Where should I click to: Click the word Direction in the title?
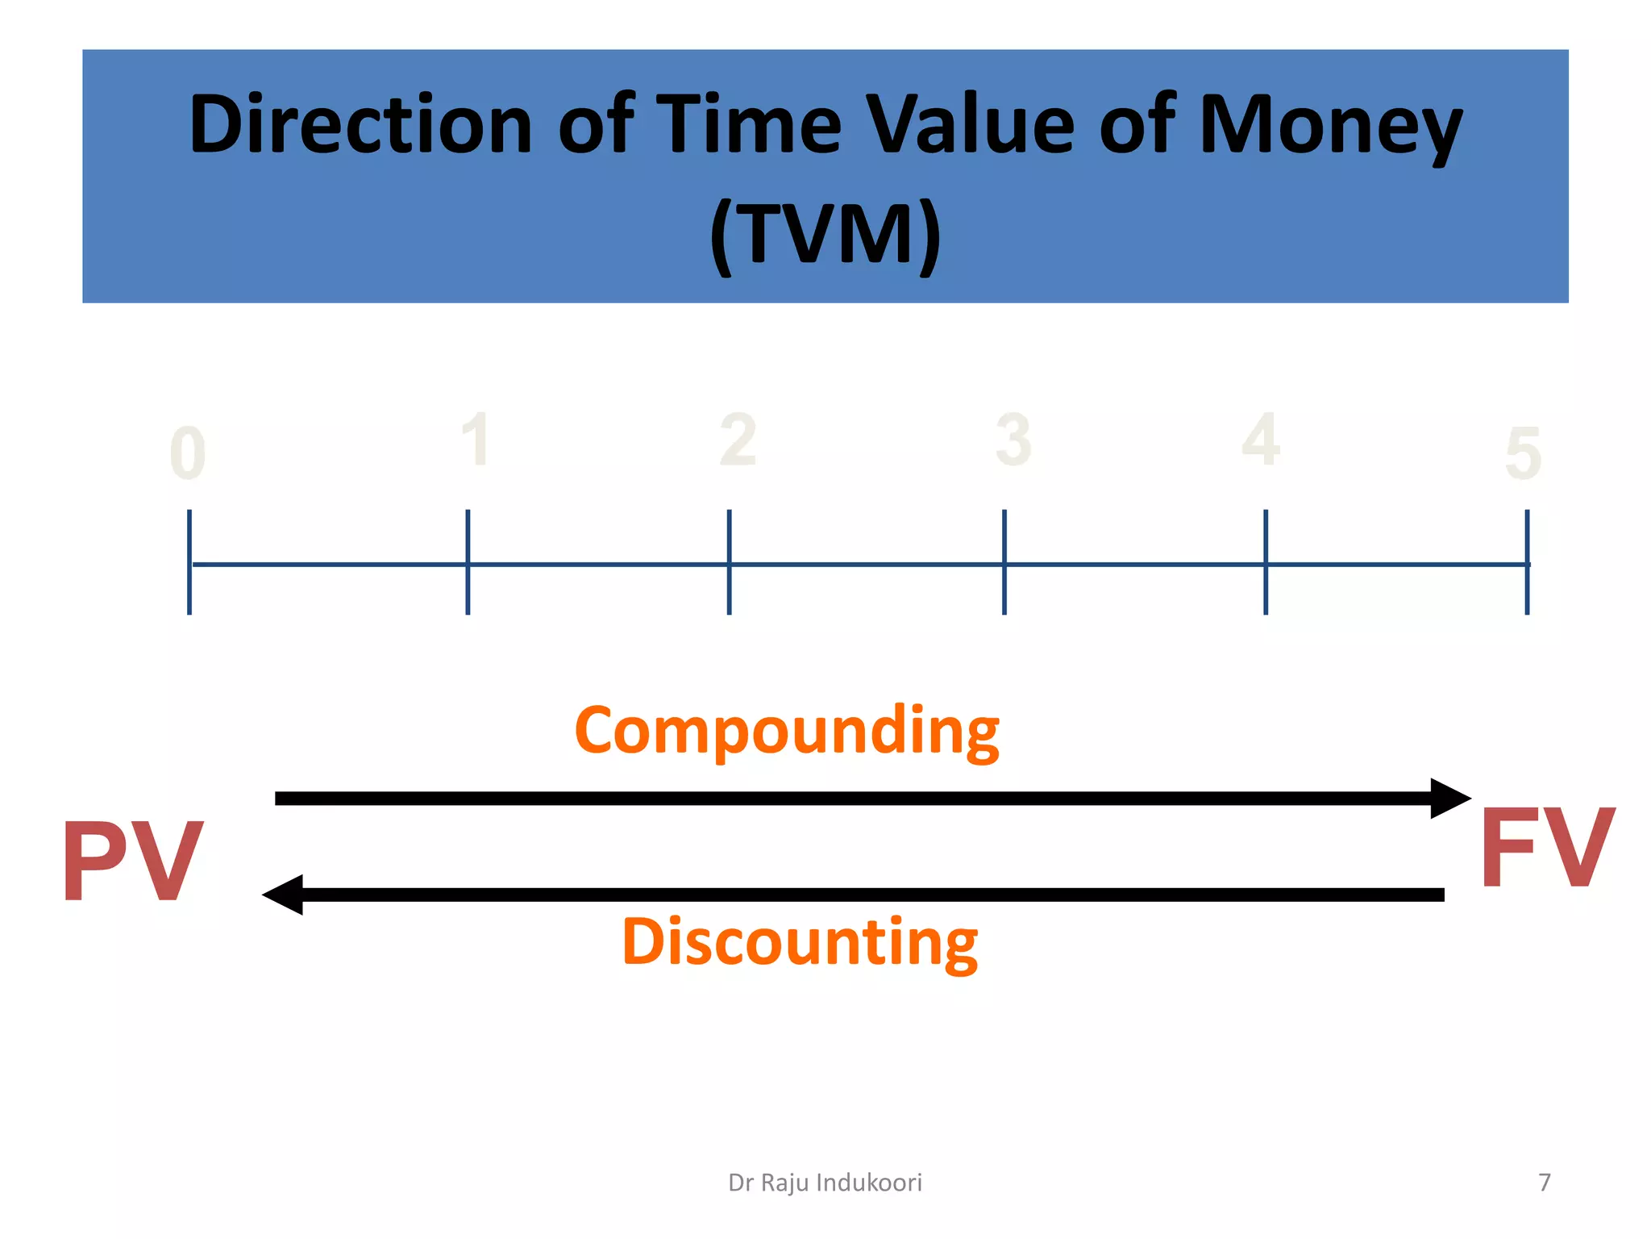pos(360,125)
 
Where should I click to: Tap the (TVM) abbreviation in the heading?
pos(825,234)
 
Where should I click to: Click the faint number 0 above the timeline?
pos(188,454)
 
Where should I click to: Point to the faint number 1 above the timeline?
pos(476,440)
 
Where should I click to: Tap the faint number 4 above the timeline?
pos(1260,440)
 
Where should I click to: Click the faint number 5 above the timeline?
pos(1523,454)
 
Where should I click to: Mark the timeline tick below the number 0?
pos(189,562)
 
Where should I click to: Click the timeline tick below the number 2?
pos(729,562)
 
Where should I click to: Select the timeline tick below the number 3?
pos(1004,562)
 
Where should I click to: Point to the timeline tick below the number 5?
pos(1526,562)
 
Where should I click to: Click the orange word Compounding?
pos(786,730)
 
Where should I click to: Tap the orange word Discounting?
pos(800,941)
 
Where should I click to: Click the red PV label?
pos(133,860)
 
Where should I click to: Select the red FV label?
pos(1546,849)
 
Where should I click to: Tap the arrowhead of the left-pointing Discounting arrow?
pos(283,895)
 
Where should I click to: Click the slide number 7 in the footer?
pos(1544,1182)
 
